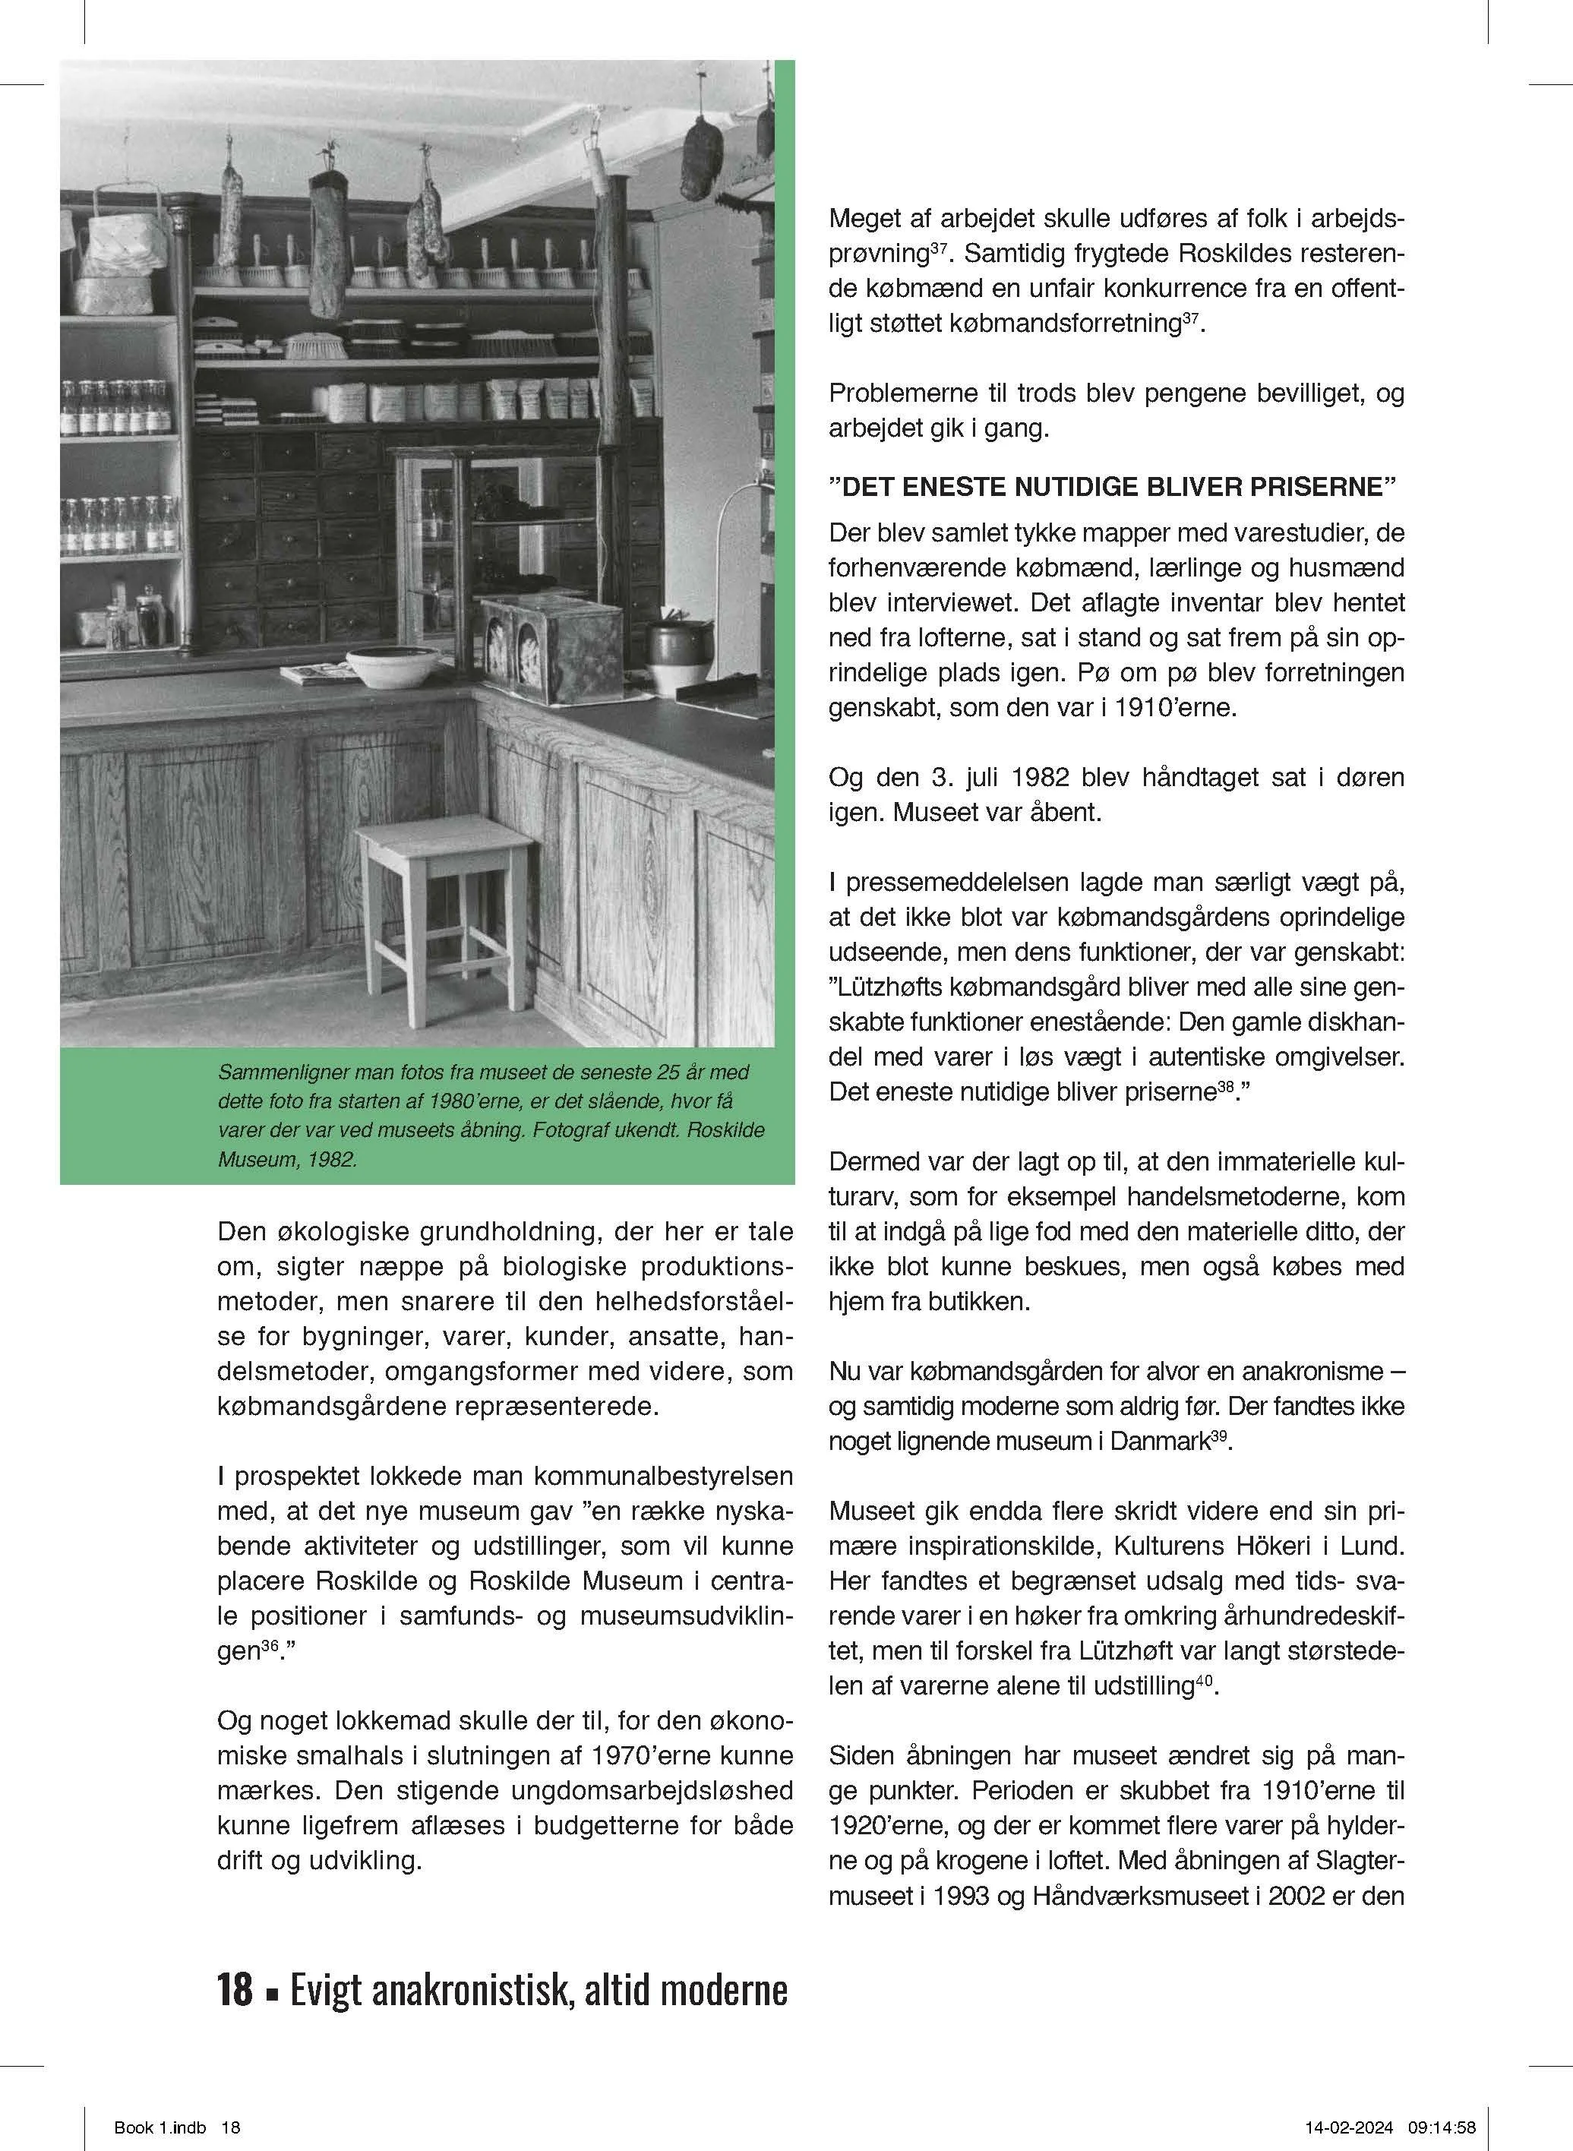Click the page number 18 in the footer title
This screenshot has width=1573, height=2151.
point(235,1989)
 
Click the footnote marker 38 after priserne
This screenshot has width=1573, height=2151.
point(1225,1085)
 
